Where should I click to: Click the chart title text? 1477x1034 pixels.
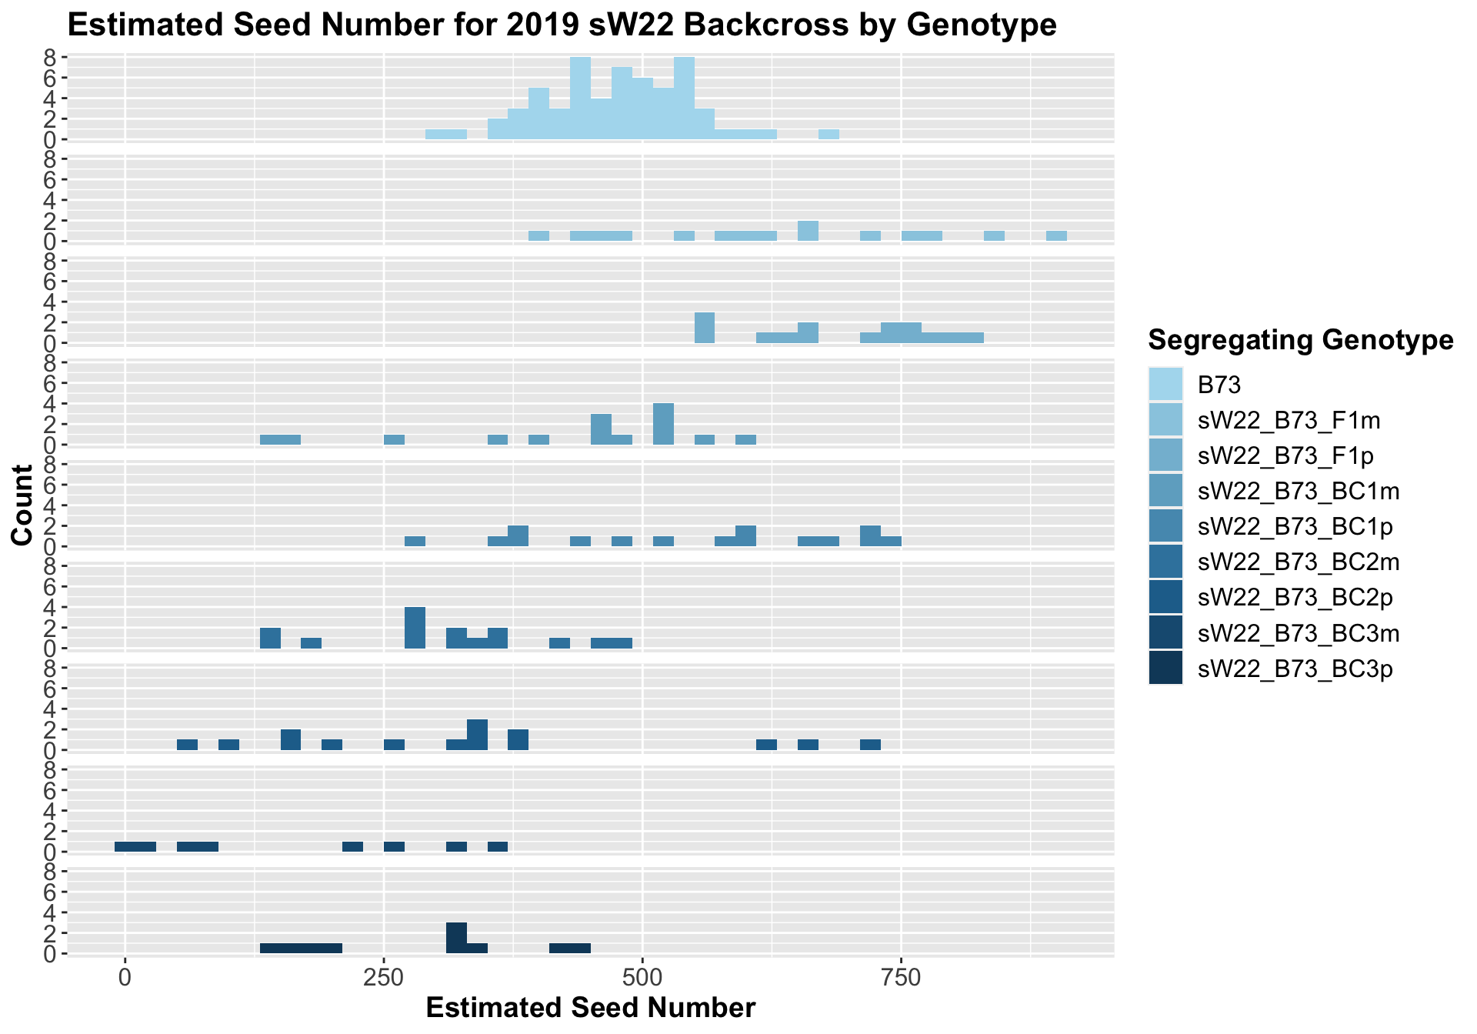(562, 26)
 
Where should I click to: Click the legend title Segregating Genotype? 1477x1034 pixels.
(1299, 339)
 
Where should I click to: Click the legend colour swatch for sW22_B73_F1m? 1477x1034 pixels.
(1165, 420)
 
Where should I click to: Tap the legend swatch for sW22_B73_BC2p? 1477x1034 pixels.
(1165, 598)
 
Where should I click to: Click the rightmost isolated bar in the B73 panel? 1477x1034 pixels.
(829, 135)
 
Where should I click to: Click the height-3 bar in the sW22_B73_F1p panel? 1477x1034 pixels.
(705, 328)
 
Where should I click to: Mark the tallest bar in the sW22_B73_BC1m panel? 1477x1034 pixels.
(663, 424)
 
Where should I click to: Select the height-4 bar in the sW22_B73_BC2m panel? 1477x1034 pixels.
(415, 628)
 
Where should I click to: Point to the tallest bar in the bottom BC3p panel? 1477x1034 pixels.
(456, 939)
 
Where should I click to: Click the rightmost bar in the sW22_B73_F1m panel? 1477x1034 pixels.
(1056, 236)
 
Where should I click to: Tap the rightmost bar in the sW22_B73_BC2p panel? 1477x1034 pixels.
(870, 745)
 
